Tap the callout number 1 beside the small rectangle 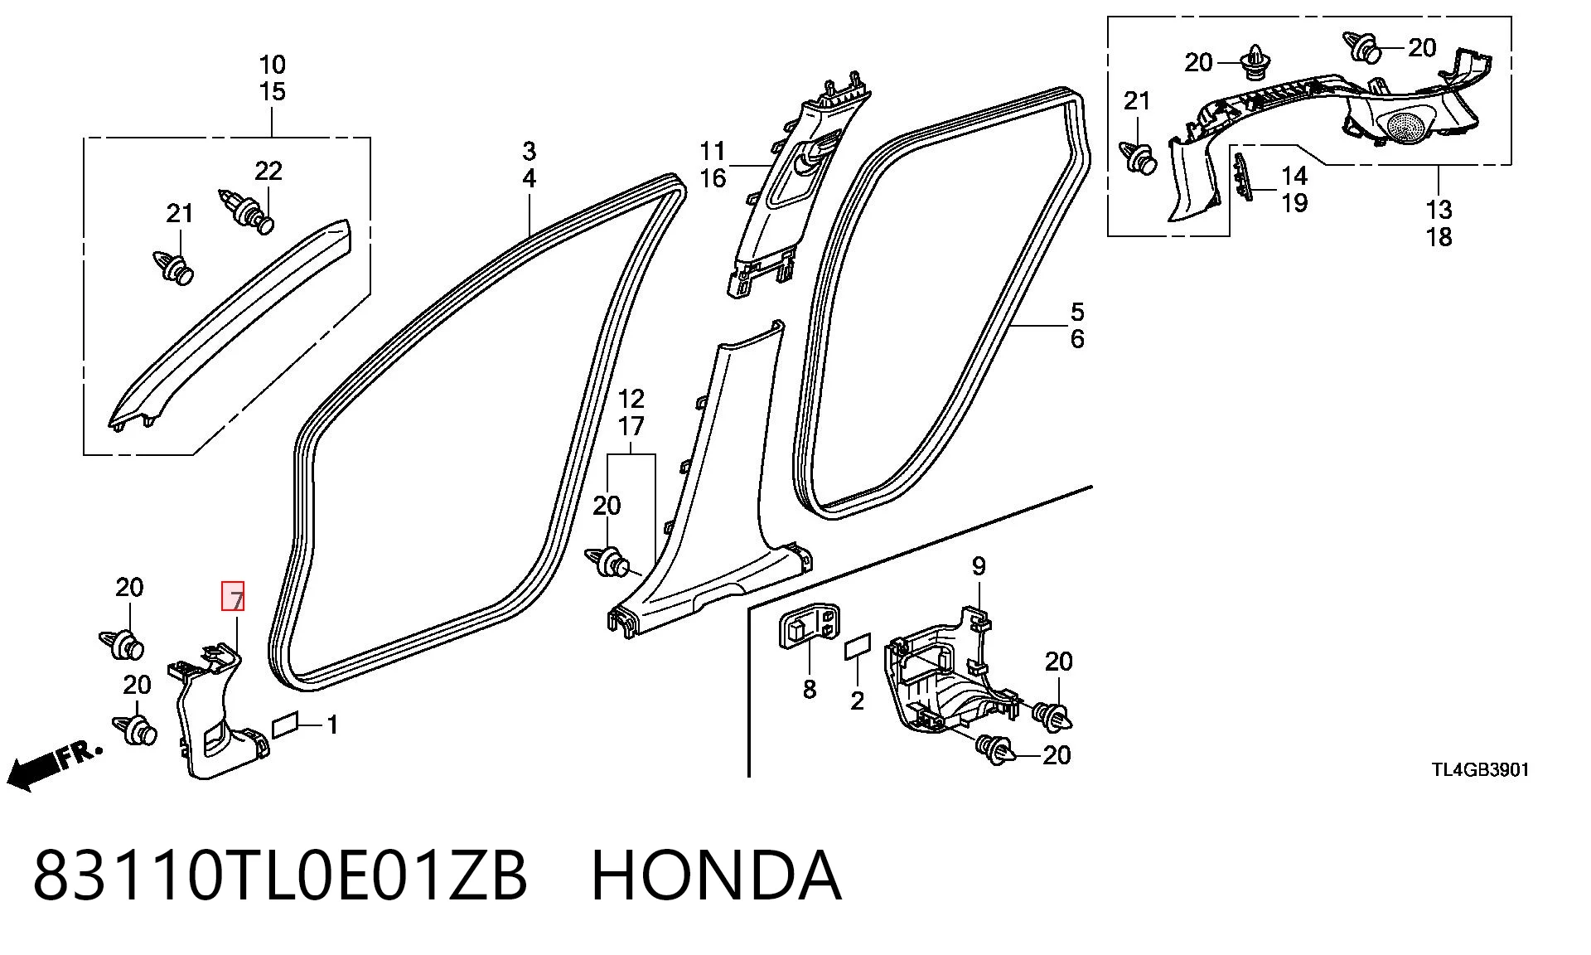[332, 725]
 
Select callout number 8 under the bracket [810, 689]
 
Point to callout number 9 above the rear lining [979, 566]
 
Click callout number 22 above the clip [268, 172]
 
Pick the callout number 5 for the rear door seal [1077, 312]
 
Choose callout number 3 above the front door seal [529, 152]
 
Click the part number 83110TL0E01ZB [280, 875]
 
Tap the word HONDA [717, 875]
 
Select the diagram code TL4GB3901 [1481, 770]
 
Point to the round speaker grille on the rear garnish [1405, 125]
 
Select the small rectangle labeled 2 [858, 648]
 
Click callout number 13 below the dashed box [1439, 210]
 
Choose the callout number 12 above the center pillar [631, 400]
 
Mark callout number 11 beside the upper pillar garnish [713, 151]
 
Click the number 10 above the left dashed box [272, 65]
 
